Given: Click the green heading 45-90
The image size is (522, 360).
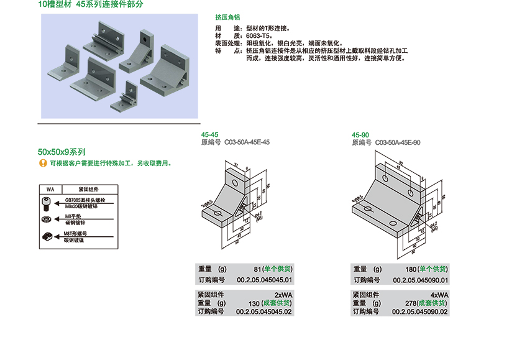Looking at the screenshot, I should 360,135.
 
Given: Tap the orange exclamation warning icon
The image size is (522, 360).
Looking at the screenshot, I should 42,163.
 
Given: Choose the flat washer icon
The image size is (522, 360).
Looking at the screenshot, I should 45,219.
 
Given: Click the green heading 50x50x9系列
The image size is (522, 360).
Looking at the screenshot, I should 62,152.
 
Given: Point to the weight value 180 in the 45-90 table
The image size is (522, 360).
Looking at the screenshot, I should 410,269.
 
